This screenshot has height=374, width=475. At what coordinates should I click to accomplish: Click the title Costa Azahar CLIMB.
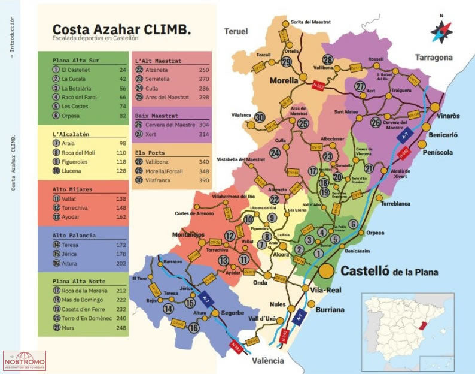[x=121, y=29]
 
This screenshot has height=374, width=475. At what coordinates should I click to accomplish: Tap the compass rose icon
[x=441, y=29]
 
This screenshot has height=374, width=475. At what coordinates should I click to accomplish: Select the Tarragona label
[x=434, y=58]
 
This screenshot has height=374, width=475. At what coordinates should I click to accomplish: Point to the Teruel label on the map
[x=236, y=31]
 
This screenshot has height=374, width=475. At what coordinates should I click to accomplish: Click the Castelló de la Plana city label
[x=389, y=271]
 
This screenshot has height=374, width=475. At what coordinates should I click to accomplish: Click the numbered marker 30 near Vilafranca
[x=260, y=117]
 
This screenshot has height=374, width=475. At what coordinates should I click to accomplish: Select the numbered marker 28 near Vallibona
[x=328, y=60]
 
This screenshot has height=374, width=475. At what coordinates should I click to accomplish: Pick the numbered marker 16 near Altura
[x=193, y=328]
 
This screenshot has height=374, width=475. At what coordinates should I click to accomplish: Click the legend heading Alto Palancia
[x=74, y=236]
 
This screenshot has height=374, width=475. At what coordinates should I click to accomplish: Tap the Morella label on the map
[x=284, y=80]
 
